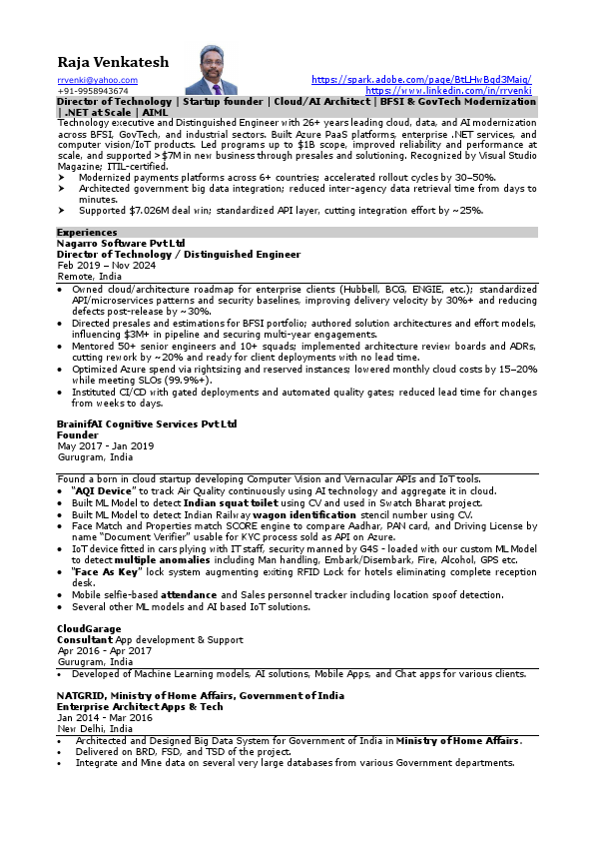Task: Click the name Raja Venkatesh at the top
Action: click(x=113, y=62)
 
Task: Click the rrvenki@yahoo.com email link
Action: click(x=97, y=80)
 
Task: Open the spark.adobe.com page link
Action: click(x=421, y=80)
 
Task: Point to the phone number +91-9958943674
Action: click(x=92, y=91)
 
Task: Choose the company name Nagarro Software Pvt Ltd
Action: click(x=121, y=243)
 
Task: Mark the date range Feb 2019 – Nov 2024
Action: click(x=107, y=265)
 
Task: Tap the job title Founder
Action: click(x=77, y=434)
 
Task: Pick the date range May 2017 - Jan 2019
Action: click(x=105, y=445)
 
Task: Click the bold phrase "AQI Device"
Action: click(x=103, y=491)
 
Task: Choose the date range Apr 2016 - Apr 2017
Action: click(x=104, y=650)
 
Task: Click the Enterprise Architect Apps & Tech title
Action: click(x=140, y=706)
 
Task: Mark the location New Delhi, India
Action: click(x=95, y=728)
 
